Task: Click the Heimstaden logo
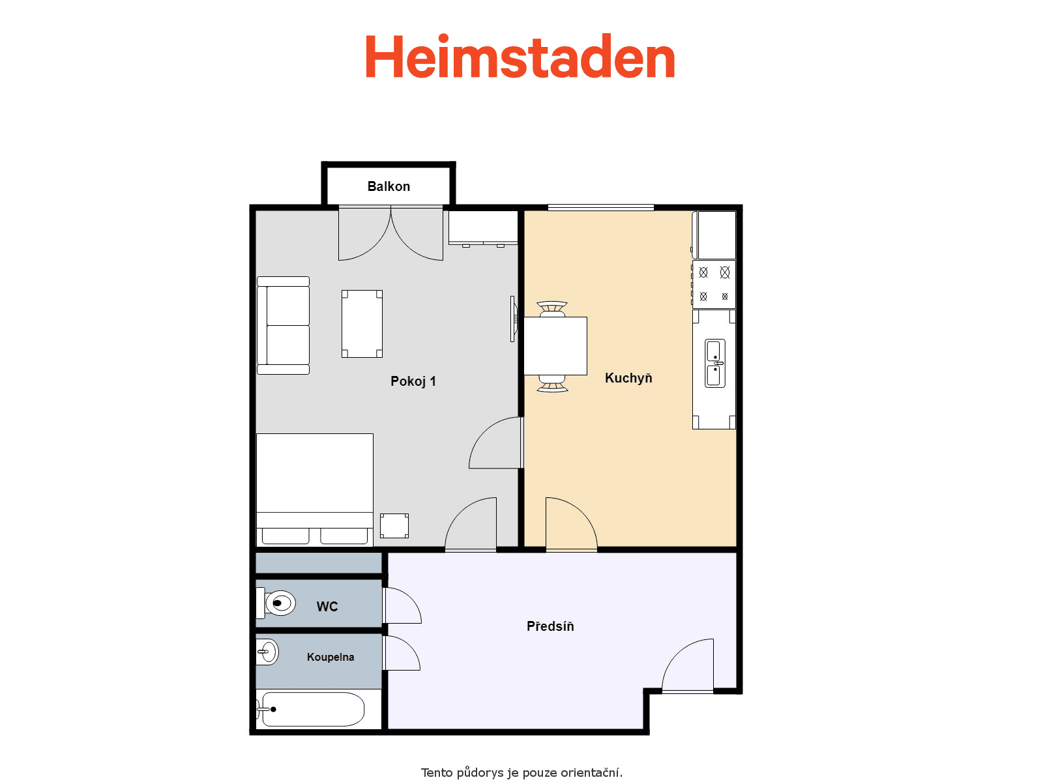pos(520,57)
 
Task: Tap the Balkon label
pos(389,186)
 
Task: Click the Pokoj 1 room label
pos(413,381)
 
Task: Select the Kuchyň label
pos(628,378)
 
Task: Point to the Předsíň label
pos(550,626)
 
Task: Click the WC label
pos(327,607)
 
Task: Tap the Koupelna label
pos(331,657)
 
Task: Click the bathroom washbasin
pos(267,652)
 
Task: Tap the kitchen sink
pos(715,363)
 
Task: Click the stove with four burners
pos(714,284)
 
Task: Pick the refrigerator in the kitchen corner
pos(715,235)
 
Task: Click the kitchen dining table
pos(555,345)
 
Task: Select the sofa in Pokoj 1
pos(284,325)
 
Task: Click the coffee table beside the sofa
pos(362,324)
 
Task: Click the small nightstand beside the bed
pos(394,526)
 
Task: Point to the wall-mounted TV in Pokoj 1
pos(512,319)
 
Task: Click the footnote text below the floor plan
pos(521,773)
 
